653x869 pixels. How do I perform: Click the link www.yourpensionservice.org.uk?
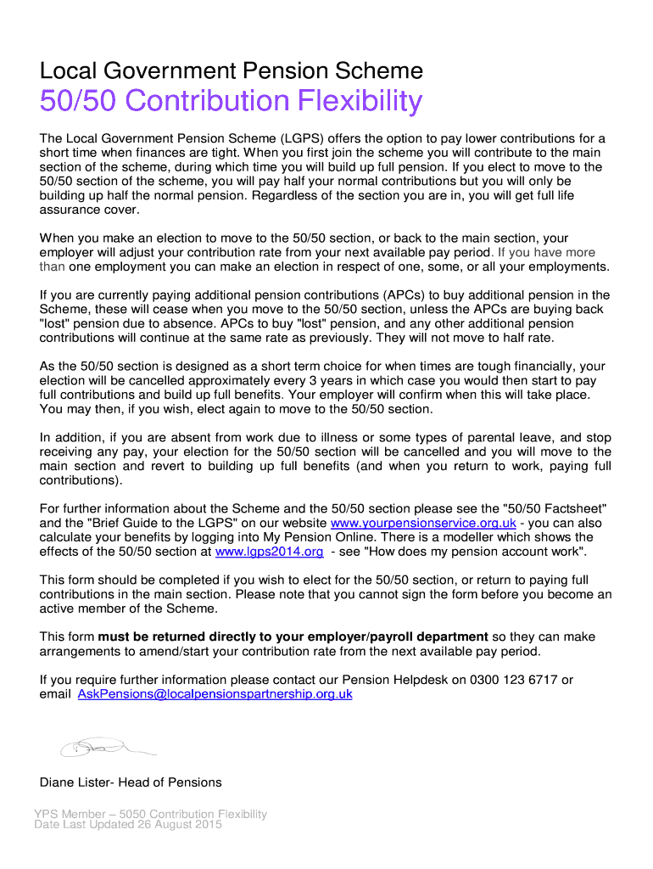click(x=423, y=523)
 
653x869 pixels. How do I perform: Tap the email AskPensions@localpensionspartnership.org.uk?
click(x=215, y=694)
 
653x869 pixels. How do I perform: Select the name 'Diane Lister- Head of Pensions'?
click(x=131, y=782)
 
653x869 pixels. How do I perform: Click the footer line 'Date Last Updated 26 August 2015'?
click(x=128, y=825)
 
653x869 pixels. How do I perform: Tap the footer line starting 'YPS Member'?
click(x=150, y=814)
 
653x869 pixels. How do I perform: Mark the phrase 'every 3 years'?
click(x=241, y=381)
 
